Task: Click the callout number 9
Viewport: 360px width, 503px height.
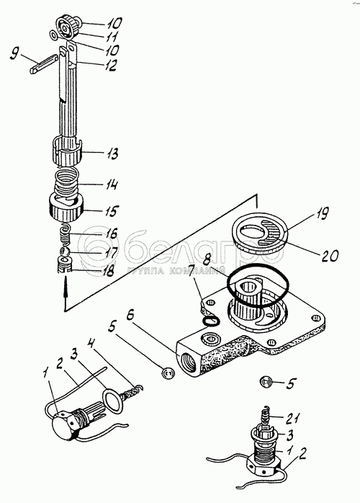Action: coord(14,54)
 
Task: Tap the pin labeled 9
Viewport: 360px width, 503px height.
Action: coord(44,64)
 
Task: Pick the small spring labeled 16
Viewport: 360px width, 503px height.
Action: coord(66,235)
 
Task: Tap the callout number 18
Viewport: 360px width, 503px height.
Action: coord(107,272)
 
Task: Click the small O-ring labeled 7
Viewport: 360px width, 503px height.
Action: coord(211,320)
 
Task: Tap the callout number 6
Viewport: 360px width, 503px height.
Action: coord(130,316)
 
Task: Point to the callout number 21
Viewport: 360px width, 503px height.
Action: coord(292,417)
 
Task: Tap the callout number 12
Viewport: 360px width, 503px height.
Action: coord(108,65)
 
